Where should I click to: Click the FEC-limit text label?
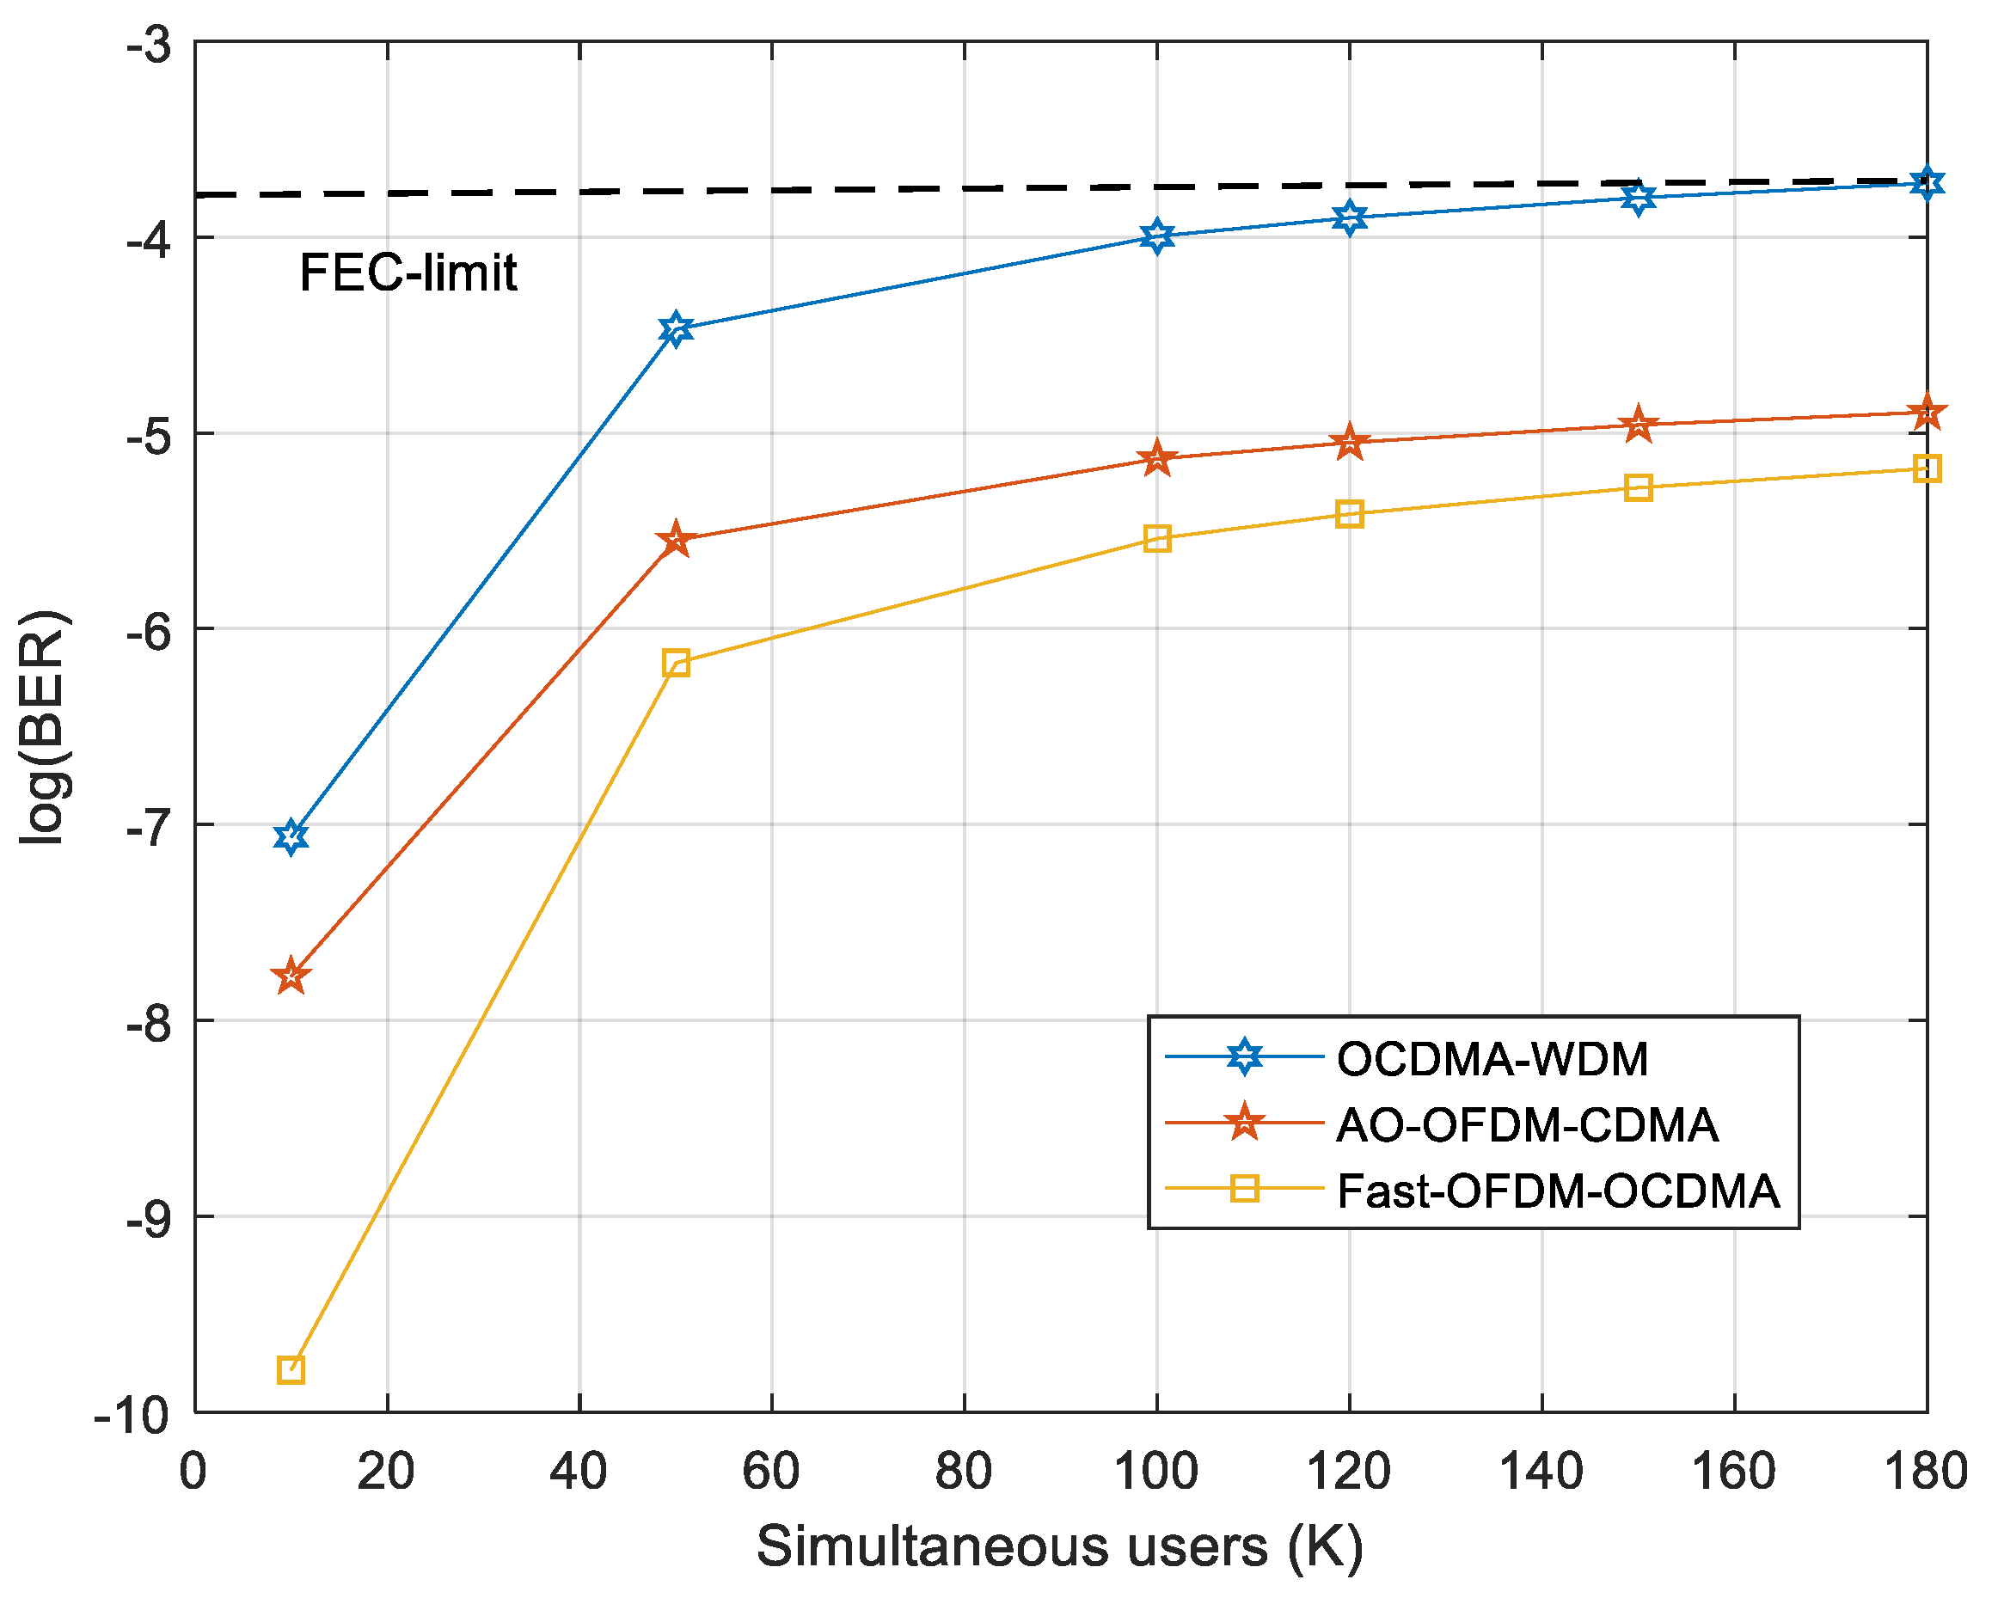point(408,273)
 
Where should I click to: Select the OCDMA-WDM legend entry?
point(1492,1059)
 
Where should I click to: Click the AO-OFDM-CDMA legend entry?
point(1527,1125)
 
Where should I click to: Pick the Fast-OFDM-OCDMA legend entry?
point(1557,1191)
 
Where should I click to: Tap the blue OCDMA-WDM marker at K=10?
point(291,836)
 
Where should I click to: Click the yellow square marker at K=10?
point(291,1369)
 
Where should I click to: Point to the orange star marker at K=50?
point(677,539)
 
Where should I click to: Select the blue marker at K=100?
point(1156,236)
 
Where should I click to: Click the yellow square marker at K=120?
point(1349,514)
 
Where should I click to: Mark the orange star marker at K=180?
point(1927,413)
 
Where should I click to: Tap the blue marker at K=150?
point(1639,198)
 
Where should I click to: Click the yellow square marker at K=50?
point(677,663)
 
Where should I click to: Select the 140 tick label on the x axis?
point(1541,1472)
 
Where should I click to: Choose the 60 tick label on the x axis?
point(771,1472)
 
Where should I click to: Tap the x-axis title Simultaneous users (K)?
point(1060,1546)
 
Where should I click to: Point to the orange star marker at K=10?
point(291,976)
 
